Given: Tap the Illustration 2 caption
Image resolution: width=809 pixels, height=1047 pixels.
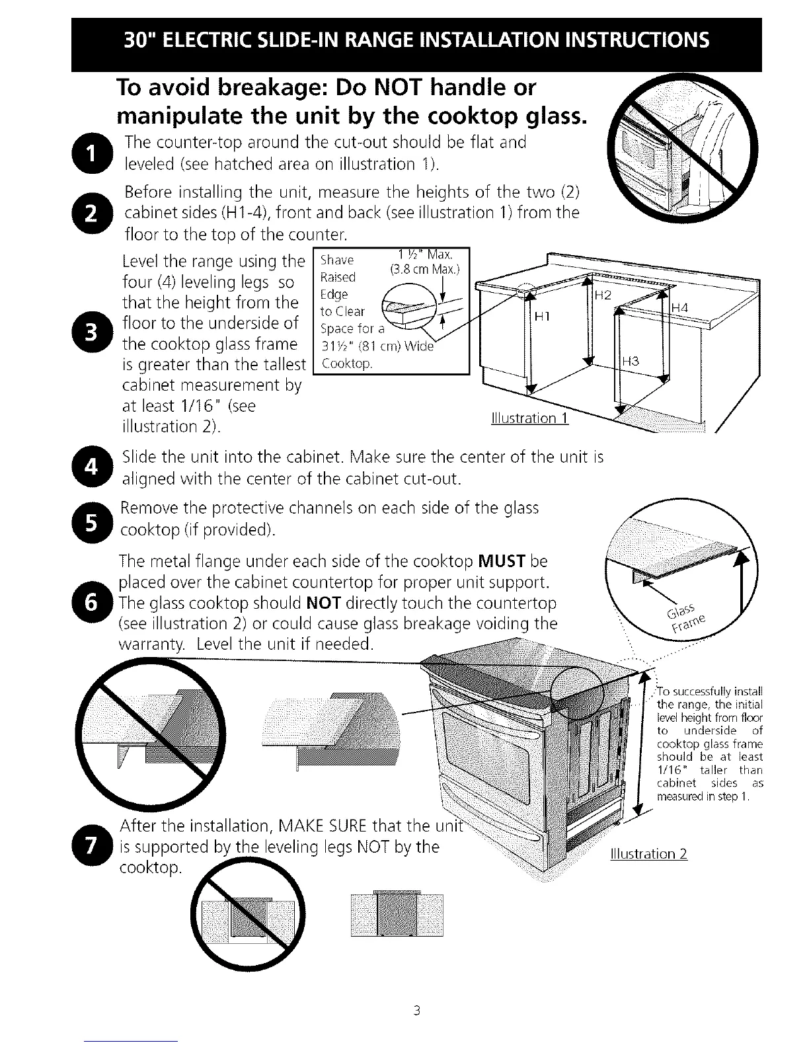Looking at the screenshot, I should (648, 853).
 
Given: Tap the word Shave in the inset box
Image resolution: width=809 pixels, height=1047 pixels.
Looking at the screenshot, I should (337, 259).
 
